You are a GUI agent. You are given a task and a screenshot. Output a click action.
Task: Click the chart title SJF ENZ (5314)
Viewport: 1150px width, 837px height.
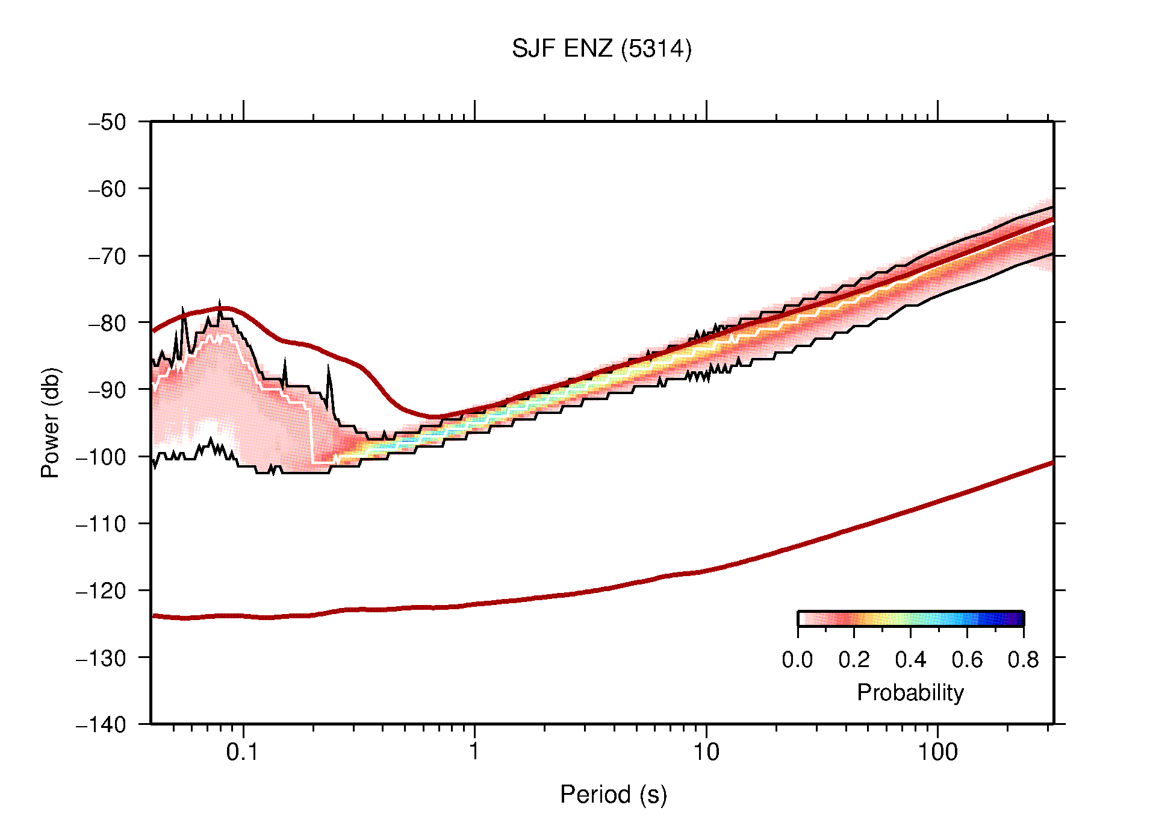click(x=601, y=49)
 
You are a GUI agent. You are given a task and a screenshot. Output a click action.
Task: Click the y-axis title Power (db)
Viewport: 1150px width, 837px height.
click(x=51, y=422)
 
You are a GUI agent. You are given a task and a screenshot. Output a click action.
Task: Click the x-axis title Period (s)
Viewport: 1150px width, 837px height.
click(x=613, y=794)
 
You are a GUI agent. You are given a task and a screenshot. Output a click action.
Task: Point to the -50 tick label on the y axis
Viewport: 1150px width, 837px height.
click(x=108, y=122)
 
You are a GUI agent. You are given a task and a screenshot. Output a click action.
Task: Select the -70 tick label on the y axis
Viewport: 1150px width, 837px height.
click(x=108, y=256)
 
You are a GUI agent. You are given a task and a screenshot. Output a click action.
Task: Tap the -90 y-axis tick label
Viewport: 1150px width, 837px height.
click(x=108, y=390)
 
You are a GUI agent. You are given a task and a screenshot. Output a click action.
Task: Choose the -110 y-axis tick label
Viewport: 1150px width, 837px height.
click(x=101, y=524)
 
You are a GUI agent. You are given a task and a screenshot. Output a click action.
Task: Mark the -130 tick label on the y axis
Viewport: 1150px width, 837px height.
click(x=101, y=657)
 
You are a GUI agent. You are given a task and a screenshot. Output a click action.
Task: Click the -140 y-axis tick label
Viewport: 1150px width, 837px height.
click(x=101, y=724)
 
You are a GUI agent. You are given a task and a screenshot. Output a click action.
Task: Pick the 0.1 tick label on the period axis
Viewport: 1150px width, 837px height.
click(x=242, y=752)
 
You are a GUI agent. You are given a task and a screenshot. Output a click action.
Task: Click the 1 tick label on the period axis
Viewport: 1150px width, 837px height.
click(x=474, y=752)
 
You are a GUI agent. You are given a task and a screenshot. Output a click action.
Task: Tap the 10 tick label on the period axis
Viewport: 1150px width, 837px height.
click(x=706, y=752)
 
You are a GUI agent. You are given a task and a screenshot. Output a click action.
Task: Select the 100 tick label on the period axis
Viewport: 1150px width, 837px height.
click(x=937, y=752)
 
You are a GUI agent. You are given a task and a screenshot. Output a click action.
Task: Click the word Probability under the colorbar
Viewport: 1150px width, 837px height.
click(x=910, y=692)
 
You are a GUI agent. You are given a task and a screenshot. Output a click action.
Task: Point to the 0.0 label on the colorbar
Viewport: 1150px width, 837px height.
click(x=797, y=660)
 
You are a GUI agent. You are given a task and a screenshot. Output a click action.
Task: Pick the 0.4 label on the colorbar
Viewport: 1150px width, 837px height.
click(x=910, y=660)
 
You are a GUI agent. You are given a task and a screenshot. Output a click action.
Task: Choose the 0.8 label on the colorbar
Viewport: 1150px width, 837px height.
click(x=1023, y=660)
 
